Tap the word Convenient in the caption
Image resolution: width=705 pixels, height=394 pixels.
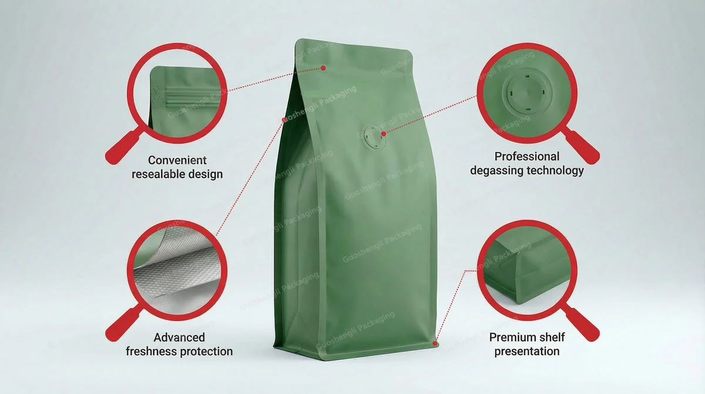177,160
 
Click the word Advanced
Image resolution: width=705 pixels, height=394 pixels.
179,338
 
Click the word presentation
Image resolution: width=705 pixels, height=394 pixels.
527,352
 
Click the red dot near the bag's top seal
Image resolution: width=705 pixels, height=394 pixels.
323,68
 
